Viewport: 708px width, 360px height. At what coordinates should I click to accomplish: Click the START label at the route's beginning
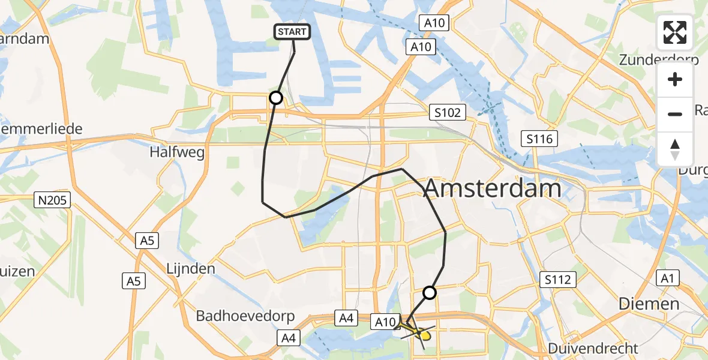click(292, 32)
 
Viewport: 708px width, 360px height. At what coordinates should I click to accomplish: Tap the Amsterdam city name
click(493, 189)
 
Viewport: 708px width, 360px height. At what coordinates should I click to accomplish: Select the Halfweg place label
click(178, 152)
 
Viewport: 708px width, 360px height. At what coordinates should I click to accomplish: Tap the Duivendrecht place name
click(593, 348)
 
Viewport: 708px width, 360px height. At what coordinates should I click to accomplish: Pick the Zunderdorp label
click(658, 60)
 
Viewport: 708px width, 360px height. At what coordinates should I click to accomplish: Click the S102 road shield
click(448, 112)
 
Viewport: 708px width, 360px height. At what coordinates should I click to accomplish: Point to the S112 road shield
click(557, 279)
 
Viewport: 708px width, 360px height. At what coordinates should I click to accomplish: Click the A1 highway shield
click(667, 278)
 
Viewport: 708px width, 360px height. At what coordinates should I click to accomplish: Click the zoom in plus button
click(675, 79)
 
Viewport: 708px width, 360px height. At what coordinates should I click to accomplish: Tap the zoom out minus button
click(675, 114)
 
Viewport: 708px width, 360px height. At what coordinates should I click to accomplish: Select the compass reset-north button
click(675, 149)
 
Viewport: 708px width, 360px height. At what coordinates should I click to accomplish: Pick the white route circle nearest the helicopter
click(430, 293)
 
